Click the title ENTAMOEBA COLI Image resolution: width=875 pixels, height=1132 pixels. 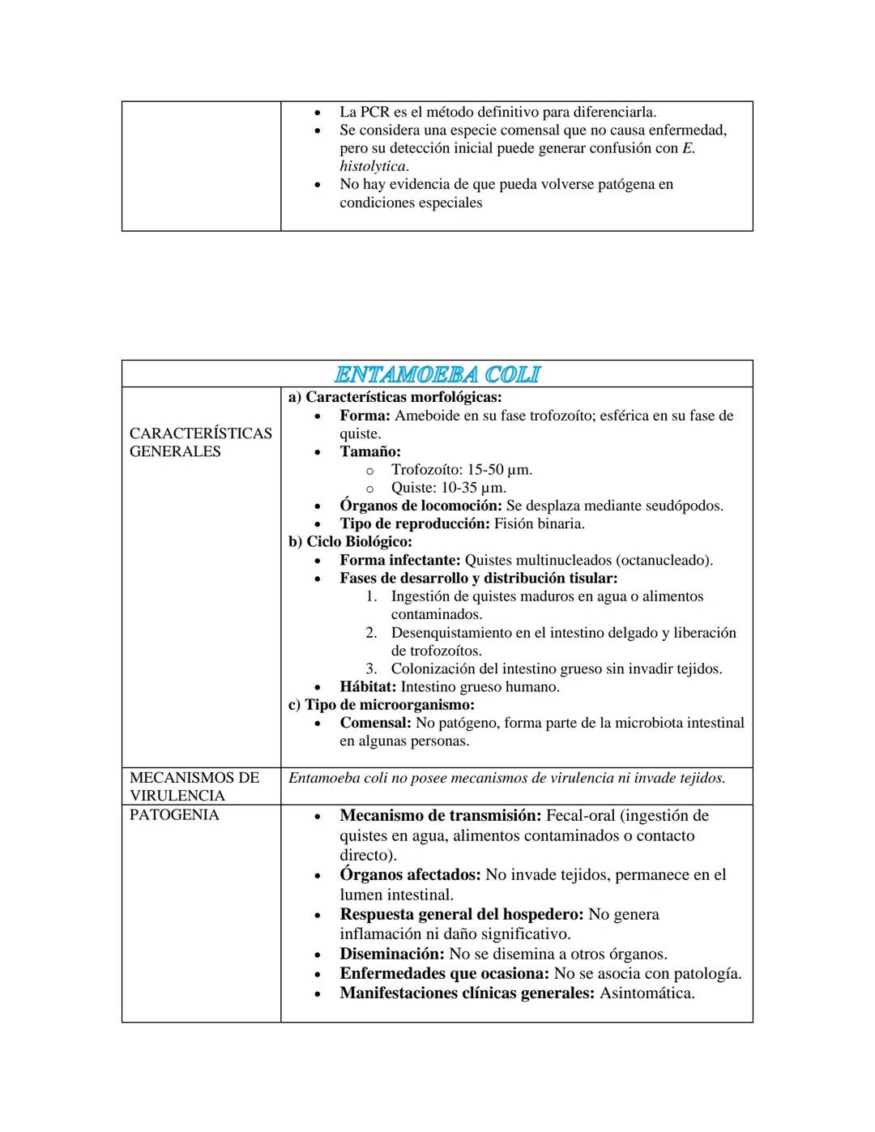pyautogui.click(x=437, y=374)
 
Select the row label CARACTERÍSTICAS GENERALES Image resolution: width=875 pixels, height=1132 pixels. pyautogui.click(x=200, y=442)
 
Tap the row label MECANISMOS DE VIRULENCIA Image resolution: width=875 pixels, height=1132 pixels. pyautogui.click(x=194, y=786)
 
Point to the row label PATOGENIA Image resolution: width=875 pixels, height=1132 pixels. pyautogui.click(x=174, y=814)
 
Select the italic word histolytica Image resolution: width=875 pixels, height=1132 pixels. pyautogui.click(x=372, y=166)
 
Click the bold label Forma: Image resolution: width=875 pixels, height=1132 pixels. pyautogui.click(x=365, y=416)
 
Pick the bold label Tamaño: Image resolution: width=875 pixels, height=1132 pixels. pyautogui.click(x=369, y=451)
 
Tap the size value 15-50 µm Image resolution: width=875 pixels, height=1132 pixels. pyautogui.click(x=499, y=470)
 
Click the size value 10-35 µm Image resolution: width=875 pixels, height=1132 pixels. pyautogui.click(x=473, y=488)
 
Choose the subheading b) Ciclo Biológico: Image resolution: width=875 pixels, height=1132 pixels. pyautogui.click(x=350, y=541)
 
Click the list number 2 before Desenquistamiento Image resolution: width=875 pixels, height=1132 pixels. pyautogui.click(x=371, y=633)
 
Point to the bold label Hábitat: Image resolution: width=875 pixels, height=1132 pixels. pyautogui.click(x=368, y=687)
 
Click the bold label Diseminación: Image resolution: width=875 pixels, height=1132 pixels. pyautogui.click(x=391, y=954)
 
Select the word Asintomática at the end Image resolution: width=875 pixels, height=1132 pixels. pyautogui.click(x=647, y=993)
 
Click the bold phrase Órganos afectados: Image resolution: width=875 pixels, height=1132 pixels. pyautogui.click(x=410, y=874)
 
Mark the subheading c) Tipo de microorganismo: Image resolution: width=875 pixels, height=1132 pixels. pyautogui.click(x=382, y=705)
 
